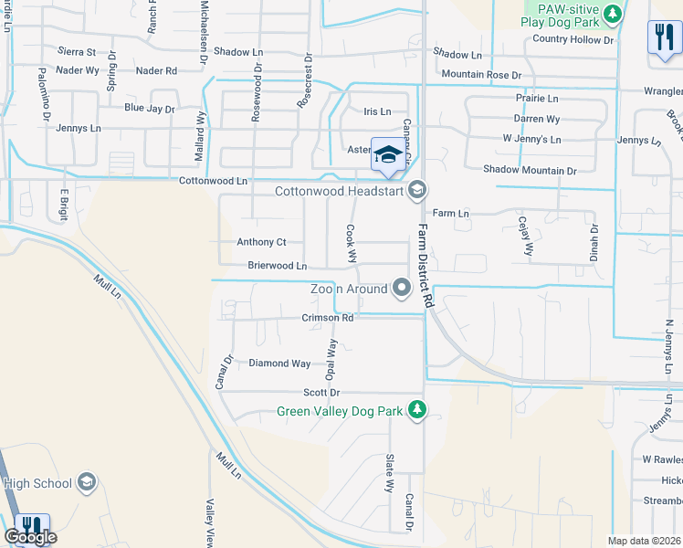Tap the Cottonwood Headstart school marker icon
pyautogui.click(x=417, y=190)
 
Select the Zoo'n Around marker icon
pyautogui.click(x=402, y=289)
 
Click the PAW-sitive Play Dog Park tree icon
pyautogui.click(x=613, y=13)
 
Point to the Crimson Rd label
pyautogui.click(x=327, y=318)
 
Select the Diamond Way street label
pyautogui.click(x=279, y=364)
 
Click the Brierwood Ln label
pyautogui.click(x=278, y=266)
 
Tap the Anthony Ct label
pyautogui.click(x=262, y=242)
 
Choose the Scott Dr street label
pyautogui.click(x=321, y=393)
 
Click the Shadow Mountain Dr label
pyautogui.click(x=530, y=170)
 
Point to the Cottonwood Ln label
pyautogui.click(x=214, y=182)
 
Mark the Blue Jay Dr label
pyautogui.click(x=150, y=109)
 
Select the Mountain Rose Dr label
pyautogui.click(x=480, y=74)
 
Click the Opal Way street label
pyautogui.click(x=332, y=358)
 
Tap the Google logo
pyautogui.click(x=30, y=537)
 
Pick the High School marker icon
pyautogui.click(x=87, y=481)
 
